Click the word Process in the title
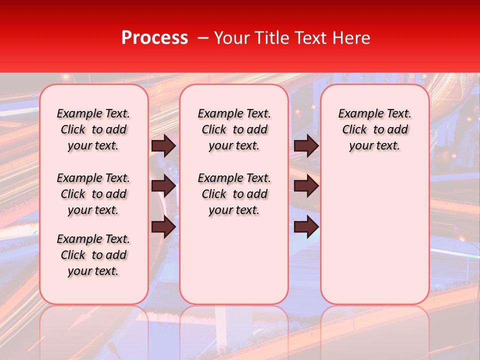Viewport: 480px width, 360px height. point(154,38)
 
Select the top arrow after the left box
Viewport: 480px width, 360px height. point(163,146)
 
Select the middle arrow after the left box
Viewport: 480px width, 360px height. point(163,186)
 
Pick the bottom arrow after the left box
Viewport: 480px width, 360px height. point(163,227)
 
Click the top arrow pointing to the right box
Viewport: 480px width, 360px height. point(306,146)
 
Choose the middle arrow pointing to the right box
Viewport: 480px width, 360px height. point(306,186)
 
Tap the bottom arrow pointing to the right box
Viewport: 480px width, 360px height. point(306,227)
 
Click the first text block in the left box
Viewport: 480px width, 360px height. point(93,129)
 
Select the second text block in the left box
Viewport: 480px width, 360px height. point(93,194)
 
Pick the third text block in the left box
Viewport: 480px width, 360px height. point(93,255)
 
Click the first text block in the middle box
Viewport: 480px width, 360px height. point(234,129)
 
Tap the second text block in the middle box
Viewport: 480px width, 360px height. point(234,194)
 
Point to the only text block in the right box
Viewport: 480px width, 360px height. point(375,129)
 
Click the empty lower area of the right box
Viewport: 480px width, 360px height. point(375,235)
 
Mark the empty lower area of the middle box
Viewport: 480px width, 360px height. point(234,260)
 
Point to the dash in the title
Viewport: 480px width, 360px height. point(203,38)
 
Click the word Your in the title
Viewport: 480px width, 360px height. point(231,38)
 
